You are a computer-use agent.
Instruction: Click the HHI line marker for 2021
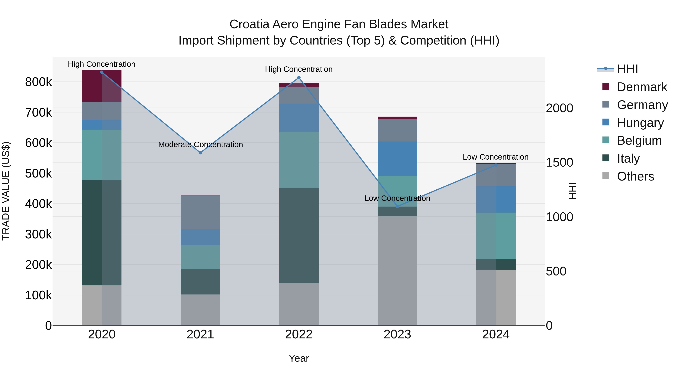pyautogui.click(x=200, y=153)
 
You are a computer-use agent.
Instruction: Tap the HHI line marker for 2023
pyautogui.click(x=397, y=206)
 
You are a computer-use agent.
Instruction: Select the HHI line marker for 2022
pyautogui.click(x=299, y=78)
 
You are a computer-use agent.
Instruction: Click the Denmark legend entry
pyautogui.click(x=642, y=87)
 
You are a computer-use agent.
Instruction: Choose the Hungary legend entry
pyautogui.click(x=640, y=123)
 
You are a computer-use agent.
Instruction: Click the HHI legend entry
pyautogui.click(x=627, y=69)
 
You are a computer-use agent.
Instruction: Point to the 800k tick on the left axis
pyautogui.click(x=38, y=82)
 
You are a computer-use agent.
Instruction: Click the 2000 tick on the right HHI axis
pyautogui.click(x=559, y=108)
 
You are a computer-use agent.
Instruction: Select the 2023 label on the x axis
pyautogui.click(x=397, y=334)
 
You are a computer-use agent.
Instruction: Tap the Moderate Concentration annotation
pyautogui.click(x=200, y=144)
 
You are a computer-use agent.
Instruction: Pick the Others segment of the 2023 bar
pyautogui.click(x=397, y=271)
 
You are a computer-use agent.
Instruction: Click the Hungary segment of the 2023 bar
pyautogui.click(x=397, y=159)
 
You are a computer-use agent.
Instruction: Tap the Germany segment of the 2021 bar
pyautogui.click(x=200, y=212)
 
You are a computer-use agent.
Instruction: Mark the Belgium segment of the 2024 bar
pyautogui.click(x=496, y=236)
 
